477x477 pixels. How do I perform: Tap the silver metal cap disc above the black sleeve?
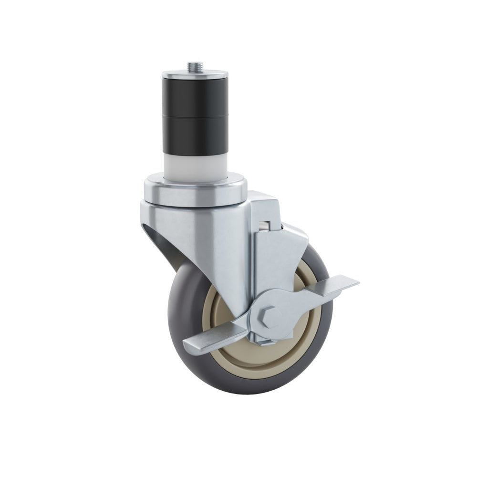point(195,74)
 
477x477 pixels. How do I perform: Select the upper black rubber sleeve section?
point(195,98)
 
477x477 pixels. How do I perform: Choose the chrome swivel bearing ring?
point(196,191)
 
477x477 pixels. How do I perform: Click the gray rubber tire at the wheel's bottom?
point(248,384)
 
